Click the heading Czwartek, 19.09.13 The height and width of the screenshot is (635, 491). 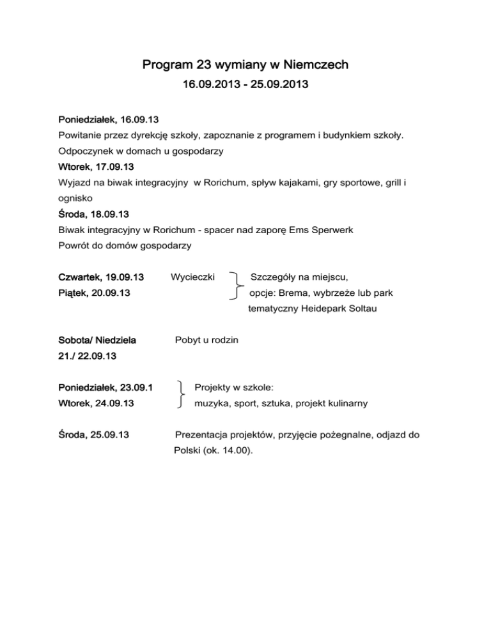click(101, 277)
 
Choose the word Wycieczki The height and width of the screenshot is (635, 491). click(193, 277)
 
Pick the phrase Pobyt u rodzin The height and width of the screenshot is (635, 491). click(207, 340)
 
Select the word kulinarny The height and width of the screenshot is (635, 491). click(345, 403)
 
